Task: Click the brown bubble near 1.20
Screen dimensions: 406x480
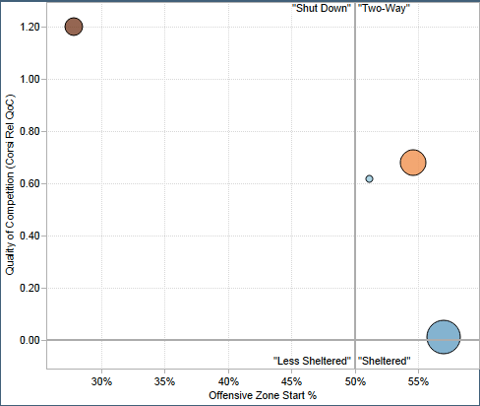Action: (74, 27)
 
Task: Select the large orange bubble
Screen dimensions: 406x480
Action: (413, 163)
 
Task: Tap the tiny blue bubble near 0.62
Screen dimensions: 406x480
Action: (369, 179)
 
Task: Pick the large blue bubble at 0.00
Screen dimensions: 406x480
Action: (444, 337)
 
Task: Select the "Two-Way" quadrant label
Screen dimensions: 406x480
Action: (385, 8)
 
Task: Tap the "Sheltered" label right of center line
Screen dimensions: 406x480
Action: (385, 361)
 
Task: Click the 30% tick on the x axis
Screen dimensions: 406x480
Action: (101, 380)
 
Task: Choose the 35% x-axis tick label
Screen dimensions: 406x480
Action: (165, 380)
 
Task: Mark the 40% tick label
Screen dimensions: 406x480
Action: (228, 380)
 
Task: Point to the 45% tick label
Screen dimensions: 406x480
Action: (291, 380)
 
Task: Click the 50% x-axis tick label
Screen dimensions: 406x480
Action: (355, 380)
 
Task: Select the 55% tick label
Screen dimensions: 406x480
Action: (418, 380)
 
